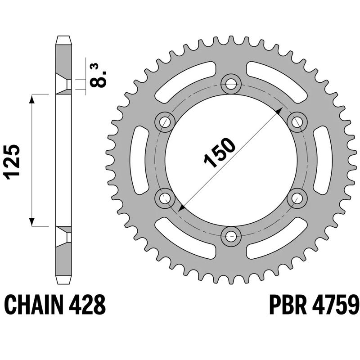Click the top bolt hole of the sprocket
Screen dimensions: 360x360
pyautogui.click(x=231, y=83)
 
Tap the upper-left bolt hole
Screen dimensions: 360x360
pyautogui.click(x=165, y=121)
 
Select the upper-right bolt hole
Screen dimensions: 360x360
pyautogui.click(x=297, y=121)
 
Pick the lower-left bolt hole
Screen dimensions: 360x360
pyautogui.click(x=165, y=197)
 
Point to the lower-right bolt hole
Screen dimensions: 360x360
pyautogui.click(x=297, y=197)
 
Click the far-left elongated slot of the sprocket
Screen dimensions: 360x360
pyautogui.click(x=139, y=160)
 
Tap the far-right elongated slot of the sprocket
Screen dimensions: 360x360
pyautogui.click(x=323, y=160)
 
